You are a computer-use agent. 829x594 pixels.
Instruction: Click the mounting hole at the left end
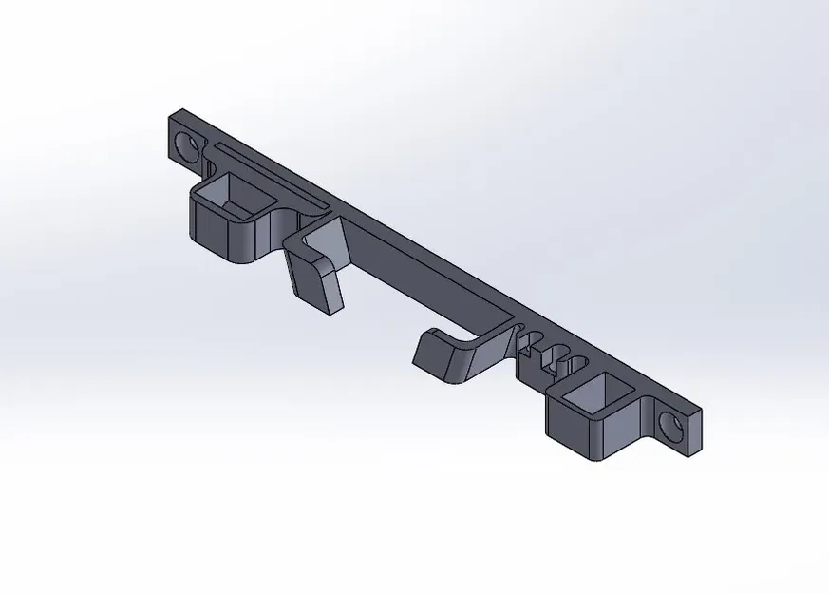(x=188, y=146)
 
